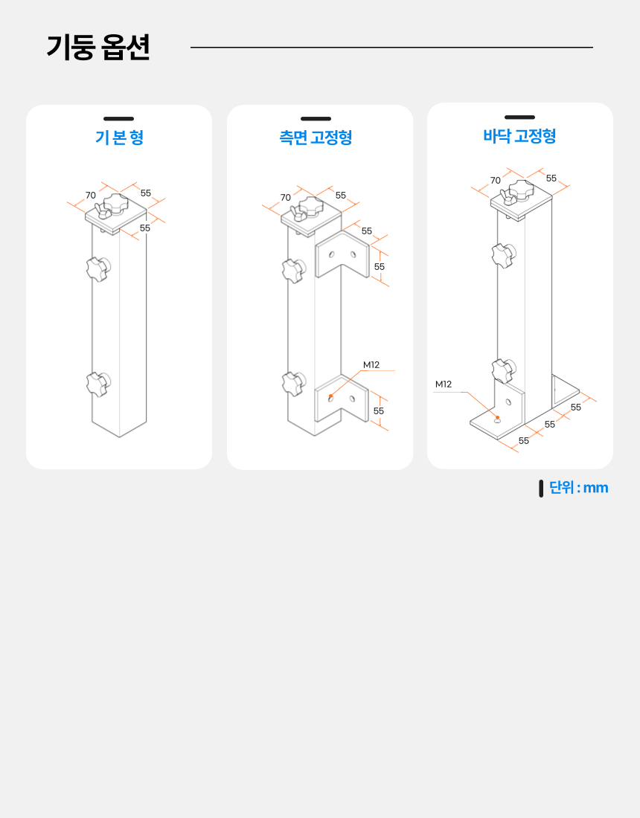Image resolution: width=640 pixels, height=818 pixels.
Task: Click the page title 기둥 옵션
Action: pos(97,48)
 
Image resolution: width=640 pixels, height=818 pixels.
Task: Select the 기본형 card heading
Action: pos(119,138)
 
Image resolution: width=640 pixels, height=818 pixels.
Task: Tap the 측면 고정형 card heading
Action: pos(316,138)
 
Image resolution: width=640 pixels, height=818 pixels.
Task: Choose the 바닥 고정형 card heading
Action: pos(519,136)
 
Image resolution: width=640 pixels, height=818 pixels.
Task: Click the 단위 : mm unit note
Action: pos(578,488)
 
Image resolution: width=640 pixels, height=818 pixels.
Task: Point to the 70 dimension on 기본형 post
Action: pos(91,196)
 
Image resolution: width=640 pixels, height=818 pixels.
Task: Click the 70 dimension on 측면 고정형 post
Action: pos(286,198)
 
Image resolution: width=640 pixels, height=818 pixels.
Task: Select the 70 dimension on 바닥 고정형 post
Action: pos(496,181)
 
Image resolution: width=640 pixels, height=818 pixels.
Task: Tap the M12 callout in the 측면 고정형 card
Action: pos(371,365)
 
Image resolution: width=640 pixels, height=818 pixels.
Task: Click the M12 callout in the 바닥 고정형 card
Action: pos(444,384)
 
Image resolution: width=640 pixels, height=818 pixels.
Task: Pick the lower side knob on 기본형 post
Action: pos(97,384)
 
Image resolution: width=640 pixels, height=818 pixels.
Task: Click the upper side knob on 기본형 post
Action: pos(97,268)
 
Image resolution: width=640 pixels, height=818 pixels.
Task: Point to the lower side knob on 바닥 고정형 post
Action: pos(503,370)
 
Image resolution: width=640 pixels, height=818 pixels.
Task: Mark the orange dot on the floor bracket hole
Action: pos(498,418)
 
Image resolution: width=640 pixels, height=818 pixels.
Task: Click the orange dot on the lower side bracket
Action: pos(331,396)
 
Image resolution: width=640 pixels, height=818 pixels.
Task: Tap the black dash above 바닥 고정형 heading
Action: pos(519,117)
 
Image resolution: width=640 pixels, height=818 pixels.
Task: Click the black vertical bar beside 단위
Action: pos(541,489)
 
